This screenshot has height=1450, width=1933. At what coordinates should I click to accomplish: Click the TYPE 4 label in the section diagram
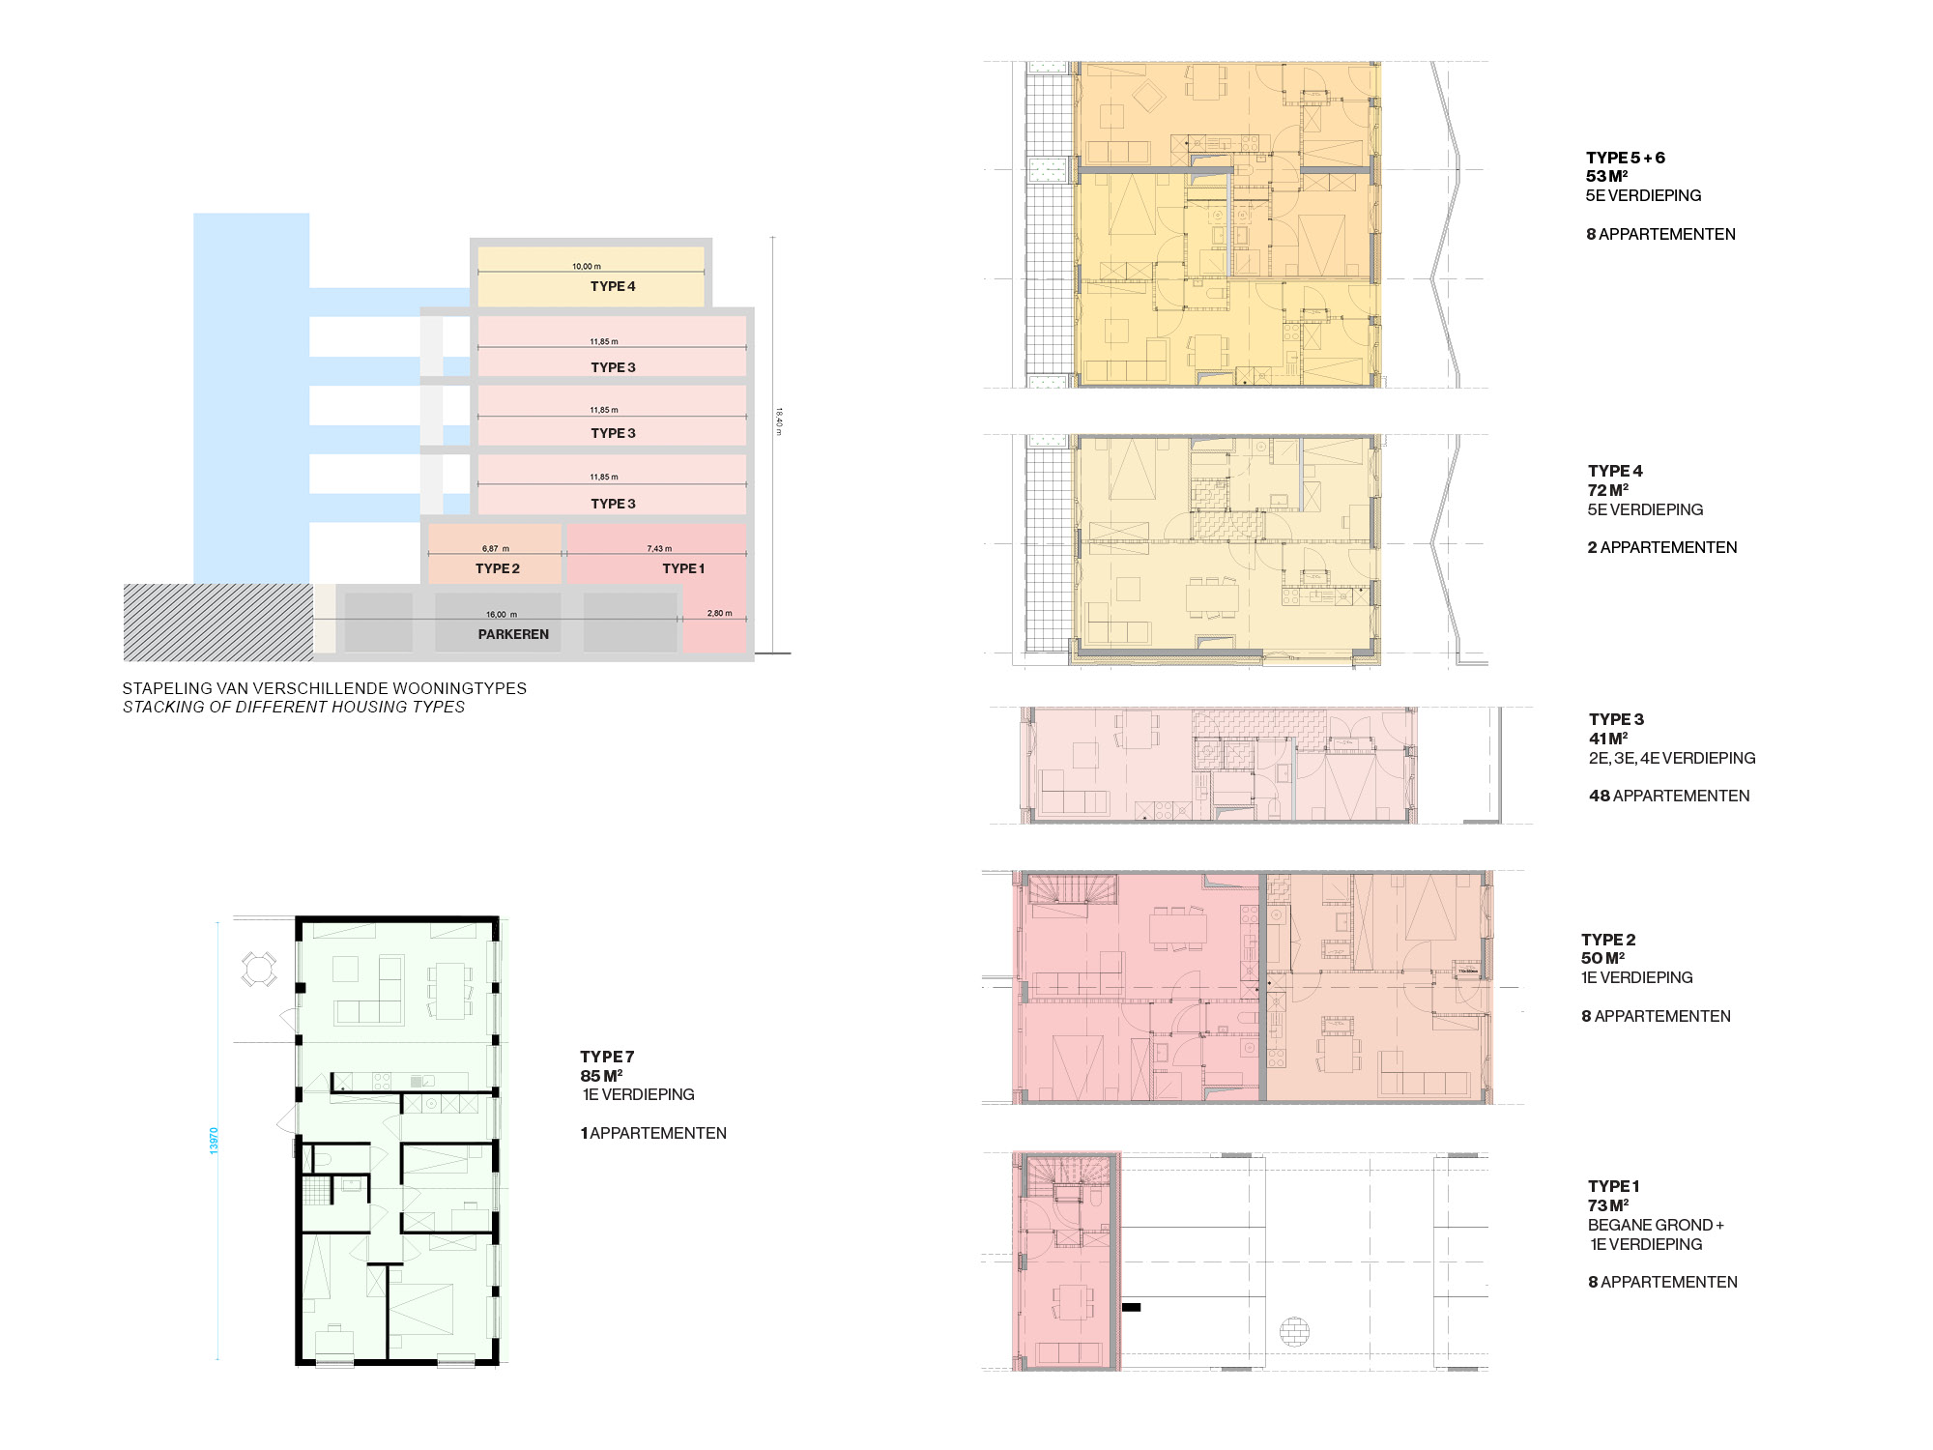click(613, 286)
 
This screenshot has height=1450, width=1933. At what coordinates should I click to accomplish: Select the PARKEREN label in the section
click(513, 634)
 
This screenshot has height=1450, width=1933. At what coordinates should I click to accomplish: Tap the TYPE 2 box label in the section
click(497, 568)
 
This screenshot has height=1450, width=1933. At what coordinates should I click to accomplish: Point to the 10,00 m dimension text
click(586, 266)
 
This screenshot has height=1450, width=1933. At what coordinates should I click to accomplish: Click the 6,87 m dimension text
click(495, 548)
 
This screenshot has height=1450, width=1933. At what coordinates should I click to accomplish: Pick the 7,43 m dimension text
click(659, 548)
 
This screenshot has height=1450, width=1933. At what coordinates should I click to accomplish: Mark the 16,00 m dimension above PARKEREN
click(501, 614)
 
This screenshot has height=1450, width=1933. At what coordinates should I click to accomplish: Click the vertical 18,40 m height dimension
click(778, 420)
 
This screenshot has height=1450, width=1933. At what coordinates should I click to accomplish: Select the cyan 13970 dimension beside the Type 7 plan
click(215, 1140)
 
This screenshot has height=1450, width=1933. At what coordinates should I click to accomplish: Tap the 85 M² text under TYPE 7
click(601, 1076)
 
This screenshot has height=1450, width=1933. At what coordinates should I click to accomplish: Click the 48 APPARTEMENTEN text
click(1669, 796)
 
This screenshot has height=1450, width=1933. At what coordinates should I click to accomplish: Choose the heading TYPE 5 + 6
click(1625, 158)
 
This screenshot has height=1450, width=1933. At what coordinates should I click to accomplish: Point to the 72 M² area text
click(1607, 490)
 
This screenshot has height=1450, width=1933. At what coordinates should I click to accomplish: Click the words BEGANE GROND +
click(1656, 1225)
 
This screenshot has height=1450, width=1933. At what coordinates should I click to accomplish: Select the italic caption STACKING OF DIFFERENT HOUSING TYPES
click(293, 707)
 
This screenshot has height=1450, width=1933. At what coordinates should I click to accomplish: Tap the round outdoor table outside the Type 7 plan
click(259, 969)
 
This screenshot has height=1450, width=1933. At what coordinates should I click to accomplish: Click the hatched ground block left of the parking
click(217, 623)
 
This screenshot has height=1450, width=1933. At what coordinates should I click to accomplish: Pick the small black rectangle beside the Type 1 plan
click(1131, 1307)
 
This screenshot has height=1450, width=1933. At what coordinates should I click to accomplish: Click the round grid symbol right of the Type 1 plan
click(1294, 1332)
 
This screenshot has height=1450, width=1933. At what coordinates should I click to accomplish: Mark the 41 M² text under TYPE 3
click(1608, 739)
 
